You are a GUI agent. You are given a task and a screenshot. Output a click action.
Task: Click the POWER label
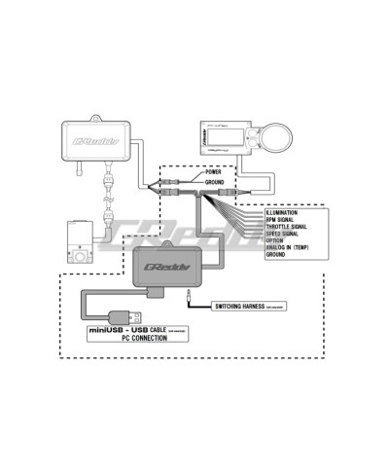[213, 172]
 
